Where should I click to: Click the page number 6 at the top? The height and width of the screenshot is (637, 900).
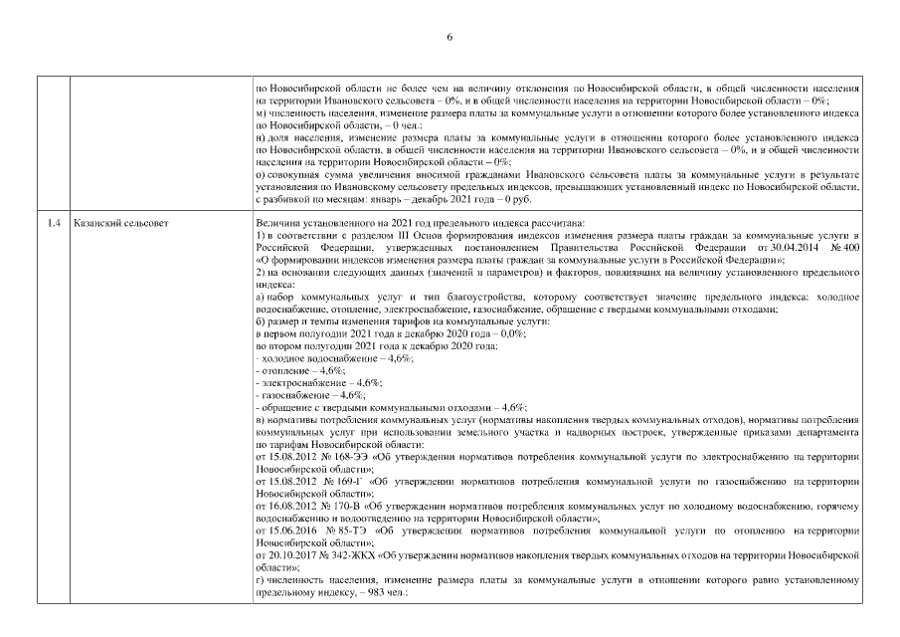click(x=450, y=37)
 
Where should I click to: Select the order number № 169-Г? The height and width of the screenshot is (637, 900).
click(x=336, y=481)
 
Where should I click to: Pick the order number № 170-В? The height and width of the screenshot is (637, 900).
click(x=335, y=506)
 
